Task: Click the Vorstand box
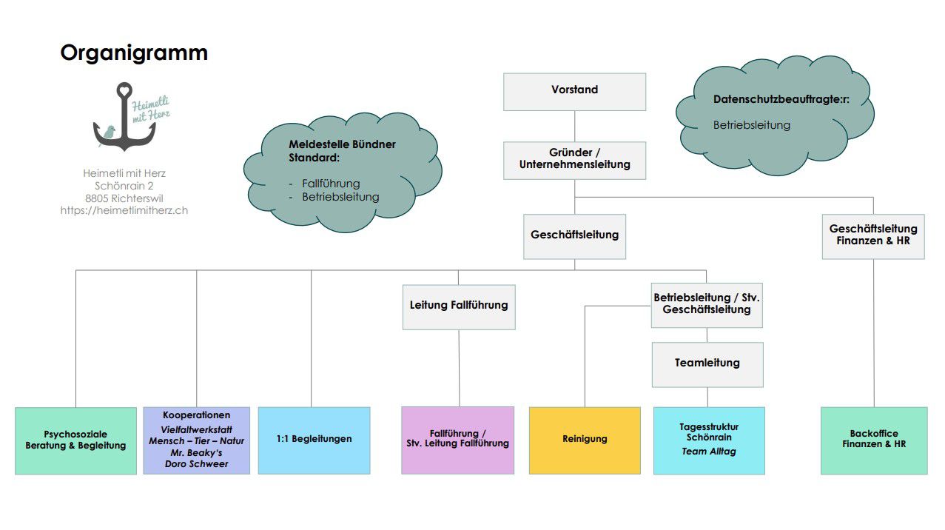[x=574, y=91]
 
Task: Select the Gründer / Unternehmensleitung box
[x=574, y=160]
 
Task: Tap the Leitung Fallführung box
[x=459, y=306]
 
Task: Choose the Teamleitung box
[x=707, y=363]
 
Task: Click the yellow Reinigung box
[x=585, y=440]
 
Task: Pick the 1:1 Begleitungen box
[x=314, y=440]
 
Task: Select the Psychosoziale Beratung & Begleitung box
[x=75, y=440]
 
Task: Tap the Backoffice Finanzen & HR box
[x=873, y=440]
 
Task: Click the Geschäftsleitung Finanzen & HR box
[x=873, y=235]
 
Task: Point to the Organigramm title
[x=134, y=53]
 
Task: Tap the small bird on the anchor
[x=109, y=132]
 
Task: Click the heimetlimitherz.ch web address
[x=124, y=210]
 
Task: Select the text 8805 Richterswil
[x=124, y=198]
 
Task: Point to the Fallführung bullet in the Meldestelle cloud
[x=331, y=184]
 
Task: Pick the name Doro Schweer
[x=196, y=464]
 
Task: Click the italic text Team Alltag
[x=709, y=451]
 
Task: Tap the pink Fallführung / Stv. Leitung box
[x=457, y=439]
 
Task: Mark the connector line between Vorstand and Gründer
[x=575, y=126]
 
